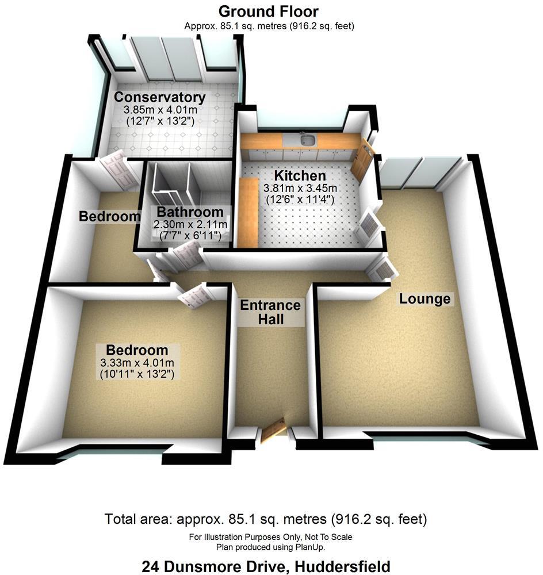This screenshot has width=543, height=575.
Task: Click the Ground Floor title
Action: (269, 11)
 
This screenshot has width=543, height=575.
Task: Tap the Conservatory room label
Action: (159, 97)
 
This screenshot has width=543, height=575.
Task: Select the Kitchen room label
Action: (299, 176)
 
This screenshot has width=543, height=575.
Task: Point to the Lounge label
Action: (425, 299)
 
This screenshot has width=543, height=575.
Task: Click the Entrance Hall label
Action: (270, 312)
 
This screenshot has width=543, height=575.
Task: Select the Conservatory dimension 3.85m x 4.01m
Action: (159, 109)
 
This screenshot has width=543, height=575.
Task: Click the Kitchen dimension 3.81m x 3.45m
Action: (300, 188)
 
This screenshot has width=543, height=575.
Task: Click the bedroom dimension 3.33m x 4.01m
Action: (137, 362)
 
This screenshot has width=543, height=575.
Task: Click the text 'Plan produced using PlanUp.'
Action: (270, 546)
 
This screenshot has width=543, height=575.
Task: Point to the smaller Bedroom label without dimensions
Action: (109, 217)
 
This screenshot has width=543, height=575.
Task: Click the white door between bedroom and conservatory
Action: (118, 171)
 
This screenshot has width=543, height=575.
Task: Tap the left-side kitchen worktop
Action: (248, 212)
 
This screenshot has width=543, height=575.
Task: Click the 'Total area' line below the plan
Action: (266, 520)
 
